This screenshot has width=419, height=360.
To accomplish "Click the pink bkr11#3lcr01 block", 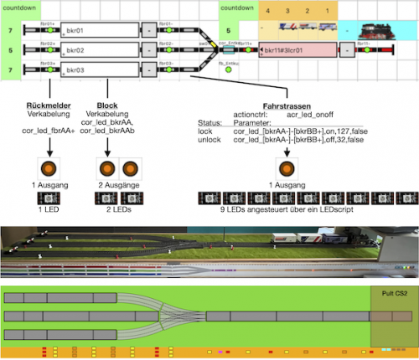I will pos(297,51).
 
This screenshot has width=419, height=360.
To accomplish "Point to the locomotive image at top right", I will pos(381,30).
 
